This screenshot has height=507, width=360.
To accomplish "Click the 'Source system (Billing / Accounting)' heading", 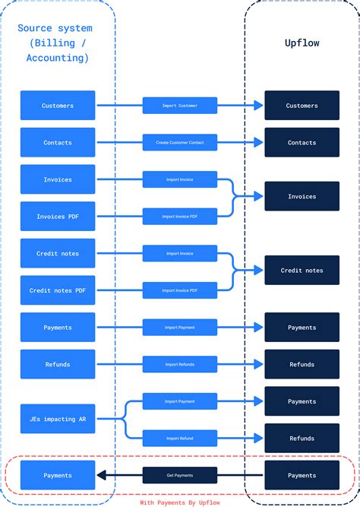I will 58,43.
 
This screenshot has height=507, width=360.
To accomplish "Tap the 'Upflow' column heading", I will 302,43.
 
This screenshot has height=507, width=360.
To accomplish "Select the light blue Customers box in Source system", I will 58,106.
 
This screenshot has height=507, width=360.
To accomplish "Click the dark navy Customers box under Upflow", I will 302,106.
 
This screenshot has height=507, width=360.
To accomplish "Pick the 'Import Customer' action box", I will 180,106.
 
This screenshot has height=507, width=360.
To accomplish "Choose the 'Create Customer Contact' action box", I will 180,142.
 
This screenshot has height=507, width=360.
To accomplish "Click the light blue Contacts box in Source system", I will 58,142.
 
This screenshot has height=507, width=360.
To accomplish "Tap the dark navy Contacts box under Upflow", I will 302,142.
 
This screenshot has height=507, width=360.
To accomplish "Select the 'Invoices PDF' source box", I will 58,217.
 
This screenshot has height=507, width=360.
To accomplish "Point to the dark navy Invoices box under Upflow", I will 302,196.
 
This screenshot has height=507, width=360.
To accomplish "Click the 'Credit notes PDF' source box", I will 58,290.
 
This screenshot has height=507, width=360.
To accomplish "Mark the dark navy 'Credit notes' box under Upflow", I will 302,271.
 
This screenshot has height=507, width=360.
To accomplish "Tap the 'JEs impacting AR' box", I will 58,419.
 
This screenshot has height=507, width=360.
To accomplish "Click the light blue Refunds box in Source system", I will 58,364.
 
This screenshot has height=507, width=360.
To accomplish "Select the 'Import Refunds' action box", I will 180,365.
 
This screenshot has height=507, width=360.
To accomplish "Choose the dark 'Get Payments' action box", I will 180,475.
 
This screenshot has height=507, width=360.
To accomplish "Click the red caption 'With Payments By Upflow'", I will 179,502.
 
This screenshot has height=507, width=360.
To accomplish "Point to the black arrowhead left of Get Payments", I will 101,475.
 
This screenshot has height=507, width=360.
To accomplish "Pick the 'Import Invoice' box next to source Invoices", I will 180,179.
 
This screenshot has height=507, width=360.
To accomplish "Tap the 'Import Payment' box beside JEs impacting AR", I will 180,401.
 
